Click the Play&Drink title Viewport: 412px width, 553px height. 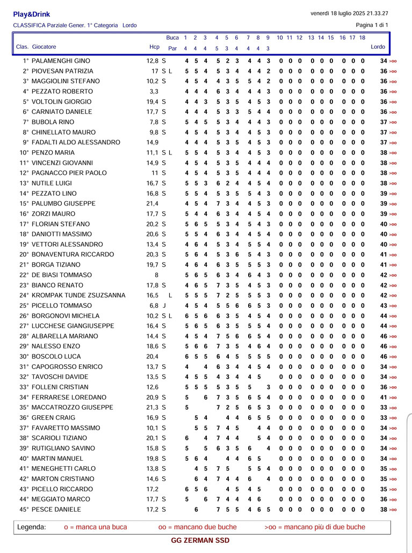(x=31, y=14)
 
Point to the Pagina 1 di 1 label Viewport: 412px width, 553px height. (x=372, y=25)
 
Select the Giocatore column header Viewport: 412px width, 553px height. (x=44, y=47)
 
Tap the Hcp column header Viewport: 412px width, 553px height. (x=154, y=47)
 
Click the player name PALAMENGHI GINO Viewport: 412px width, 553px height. (x=61, y=61)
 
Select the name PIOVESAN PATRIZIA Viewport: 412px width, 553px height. (x=62, y=71)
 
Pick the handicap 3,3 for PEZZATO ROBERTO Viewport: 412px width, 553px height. (x=154, y=92)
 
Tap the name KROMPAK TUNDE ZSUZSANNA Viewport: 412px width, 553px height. (x=78, y=296)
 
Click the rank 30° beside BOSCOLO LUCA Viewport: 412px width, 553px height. (x=24, y=357)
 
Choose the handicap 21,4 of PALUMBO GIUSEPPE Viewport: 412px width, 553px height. (x=153, y=204)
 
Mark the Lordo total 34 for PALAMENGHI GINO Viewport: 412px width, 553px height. (x=384, y=61)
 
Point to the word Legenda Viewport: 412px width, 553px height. (x=32, y=527)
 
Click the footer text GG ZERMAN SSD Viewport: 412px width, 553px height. (x=200, y=541)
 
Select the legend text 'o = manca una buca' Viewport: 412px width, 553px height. (x=96, y=527)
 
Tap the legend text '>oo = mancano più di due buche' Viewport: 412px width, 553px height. (x=315, y=527)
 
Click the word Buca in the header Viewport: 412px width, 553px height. (x=172, y=38)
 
